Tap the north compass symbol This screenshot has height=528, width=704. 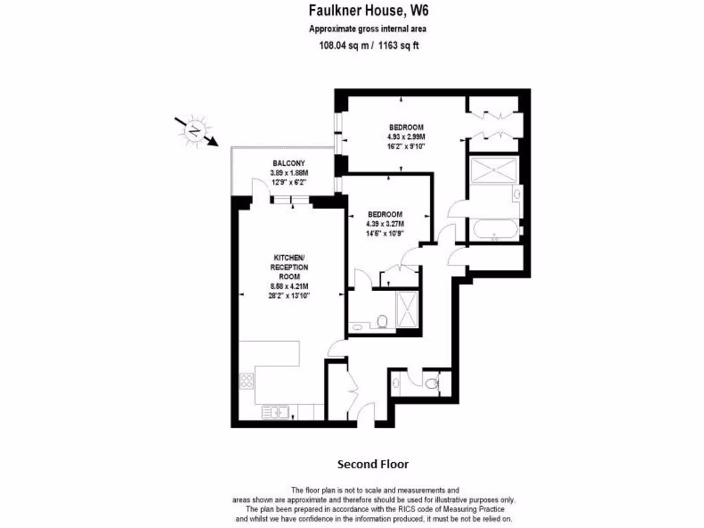(197, 131)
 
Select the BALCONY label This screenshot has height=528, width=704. (288, 163)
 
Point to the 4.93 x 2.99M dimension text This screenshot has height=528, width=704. (406, 136)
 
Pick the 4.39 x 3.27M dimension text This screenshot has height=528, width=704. (385, 223)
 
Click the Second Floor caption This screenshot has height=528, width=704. (373, 464)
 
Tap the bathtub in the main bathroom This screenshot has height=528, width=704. (495, 229)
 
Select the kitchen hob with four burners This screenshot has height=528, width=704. (246, 382)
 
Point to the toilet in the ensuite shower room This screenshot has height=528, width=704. (382, 320)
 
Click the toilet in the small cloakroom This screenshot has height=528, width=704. (431, 384)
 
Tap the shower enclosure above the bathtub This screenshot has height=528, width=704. (494, 170)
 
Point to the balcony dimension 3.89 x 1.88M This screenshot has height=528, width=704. (288, 173)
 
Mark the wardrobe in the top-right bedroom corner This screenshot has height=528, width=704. (497, 124)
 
